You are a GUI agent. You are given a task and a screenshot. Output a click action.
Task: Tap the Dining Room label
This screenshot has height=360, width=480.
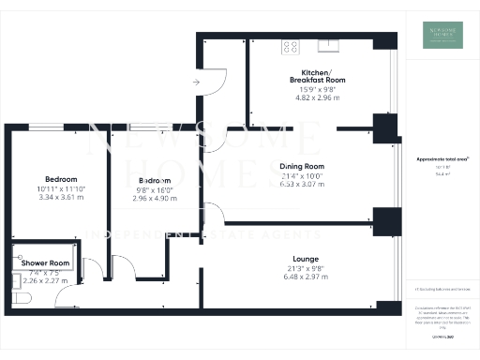tap(302, 166)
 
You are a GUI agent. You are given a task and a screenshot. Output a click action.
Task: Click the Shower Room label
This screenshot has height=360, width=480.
tap(46, 263)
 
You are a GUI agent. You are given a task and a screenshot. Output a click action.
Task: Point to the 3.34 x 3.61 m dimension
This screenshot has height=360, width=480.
tap(61, 198)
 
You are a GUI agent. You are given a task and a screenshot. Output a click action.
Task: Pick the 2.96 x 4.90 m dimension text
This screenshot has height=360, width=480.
tap(155, 199)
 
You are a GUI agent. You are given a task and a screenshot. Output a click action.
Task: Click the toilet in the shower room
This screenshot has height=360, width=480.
tap(24, 297)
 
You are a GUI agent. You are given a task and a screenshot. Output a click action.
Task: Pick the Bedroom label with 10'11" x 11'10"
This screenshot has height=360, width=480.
tap(61, 179)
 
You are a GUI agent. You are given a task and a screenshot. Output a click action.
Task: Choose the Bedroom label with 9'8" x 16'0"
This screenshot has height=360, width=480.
tap(155, 180)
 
